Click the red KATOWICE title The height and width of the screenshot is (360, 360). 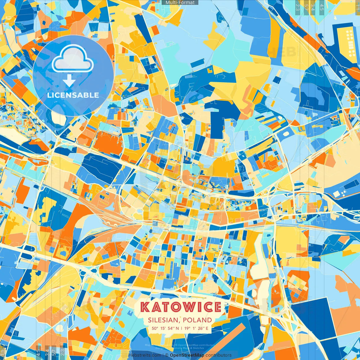[x=181, y=307]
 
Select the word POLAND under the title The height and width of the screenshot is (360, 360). [x=197, y=320]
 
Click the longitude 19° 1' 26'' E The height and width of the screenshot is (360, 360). [x=196, y=328]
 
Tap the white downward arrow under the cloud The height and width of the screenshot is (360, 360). [x=69, y=81]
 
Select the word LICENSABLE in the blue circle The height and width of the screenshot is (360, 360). [x=73, y=95]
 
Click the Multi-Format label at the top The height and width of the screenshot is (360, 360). [x=180, y=3]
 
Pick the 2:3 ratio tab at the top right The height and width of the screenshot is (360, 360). [x=297, y=7]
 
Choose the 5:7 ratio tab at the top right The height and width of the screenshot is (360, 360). [x=306, y=7]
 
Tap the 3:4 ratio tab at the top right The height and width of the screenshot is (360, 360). [x=313, y=7]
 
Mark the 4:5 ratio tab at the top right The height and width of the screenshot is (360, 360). [x=322, y=7]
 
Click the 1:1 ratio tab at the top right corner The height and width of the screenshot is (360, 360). [x=357, y=6]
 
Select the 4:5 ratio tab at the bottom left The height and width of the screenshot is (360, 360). [x=38, y=353]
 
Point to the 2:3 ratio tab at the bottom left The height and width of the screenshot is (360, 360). [x=62, y=353]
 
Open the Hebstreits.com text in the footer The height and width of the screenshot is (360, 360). [x=145, y=355]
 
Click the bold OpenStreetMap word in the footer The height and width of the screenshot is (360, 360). [x=187, y=355]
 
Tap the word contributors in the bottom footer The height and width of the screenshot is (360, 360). [x=219, y=355]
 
